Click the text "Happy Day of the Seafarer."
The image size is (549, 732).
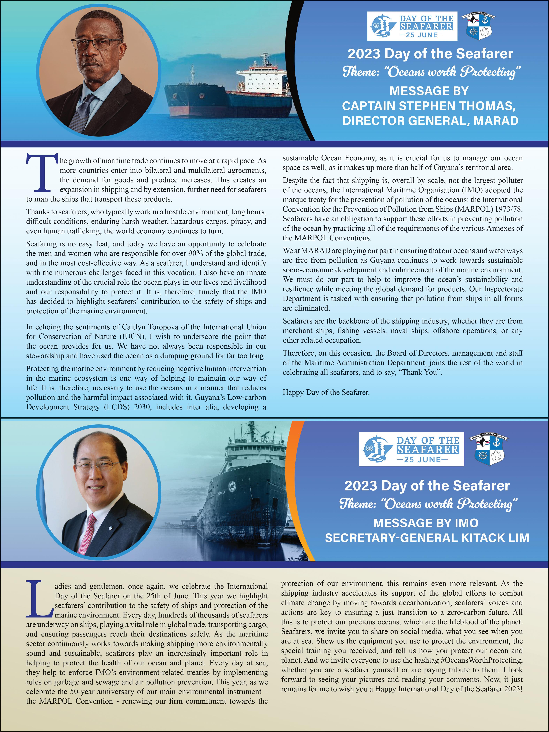pos(326,392)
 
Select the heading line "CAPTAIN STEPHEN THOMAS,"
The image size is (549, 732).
pos(429,106)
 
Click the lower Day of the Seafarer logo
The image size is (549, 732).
pos(411,449)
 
